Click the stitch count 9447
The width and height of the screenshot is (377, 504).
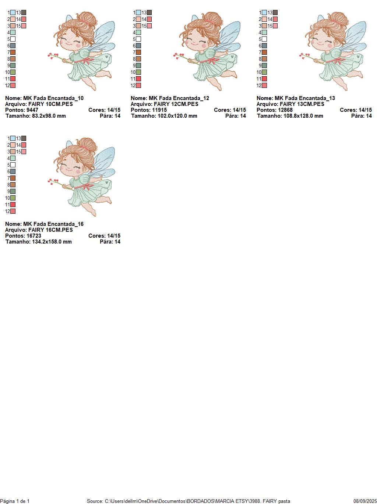[32, 110]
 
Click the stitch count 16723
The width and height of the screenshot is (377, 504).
[34, 236]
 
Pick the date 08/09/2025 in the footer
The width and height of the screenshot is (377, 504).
[365, 501]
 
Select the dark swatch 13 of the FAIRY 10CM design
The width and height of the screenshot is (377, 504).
[24, 13]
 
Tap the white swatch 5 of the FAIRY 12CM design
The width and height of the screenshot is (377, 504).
[138, 39]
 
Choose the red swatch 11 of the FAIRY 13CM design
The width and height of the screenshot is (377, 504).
[264, 79]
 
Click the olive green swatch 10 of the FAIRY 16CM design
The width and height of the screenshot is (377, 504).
[13, 198]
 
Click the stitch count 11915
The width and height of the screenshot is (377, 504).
[159, 110]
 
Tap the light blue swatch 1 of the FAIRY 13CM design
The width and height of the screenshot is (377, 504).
[264, 13]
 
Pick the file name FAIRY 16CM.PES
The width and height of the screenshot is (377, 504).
[50, 230]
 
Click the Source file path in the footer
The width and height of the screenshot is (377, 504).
[188, 501]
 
